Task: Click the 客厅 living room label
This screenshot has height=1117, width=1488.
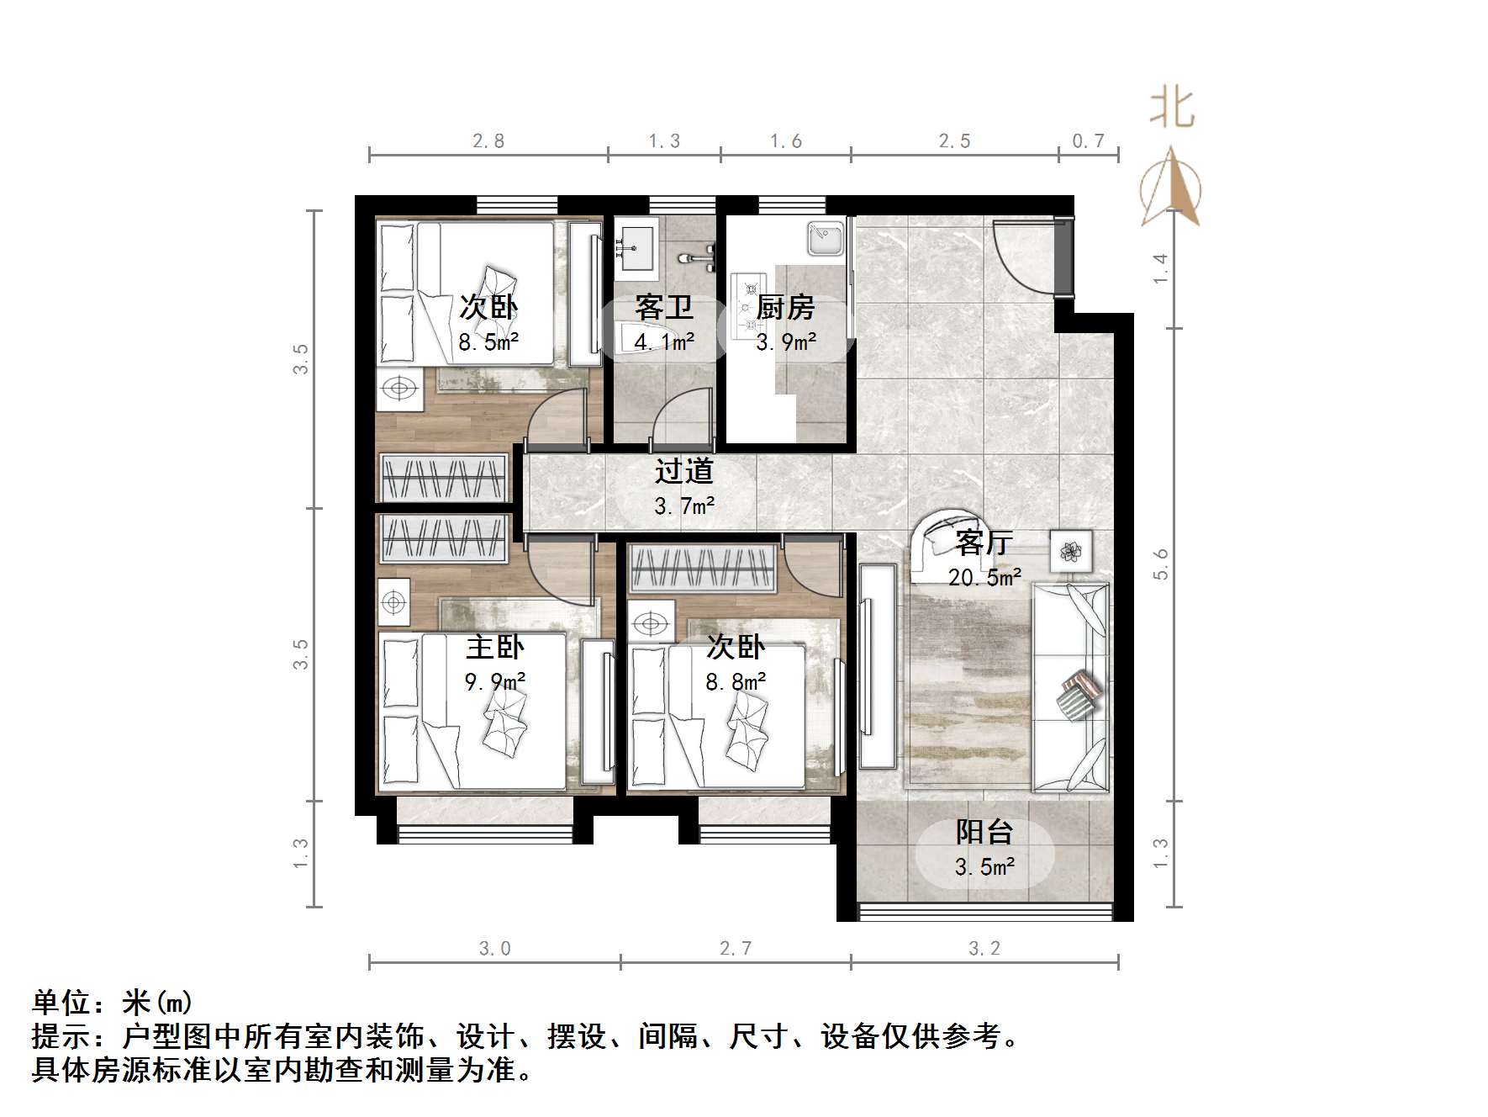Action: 984,543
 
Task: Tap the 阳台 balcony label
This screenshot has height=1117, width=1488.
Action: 984,832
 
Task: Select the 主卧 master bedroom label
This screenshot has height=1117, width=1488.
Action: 495,647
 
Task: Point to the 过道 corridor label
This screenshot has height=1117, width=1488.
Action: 684,471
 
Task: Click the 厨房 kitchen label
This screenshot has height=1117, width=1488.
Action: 785,308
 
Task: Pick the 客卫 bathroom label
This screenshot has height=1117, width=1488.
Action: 664,308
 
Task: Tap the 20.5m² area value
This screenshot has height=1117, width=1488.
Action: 984,577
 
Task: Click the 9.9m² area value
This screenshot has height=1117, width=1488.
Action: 495,680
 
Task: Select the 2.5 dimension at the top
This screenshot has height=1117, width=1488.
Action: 954,141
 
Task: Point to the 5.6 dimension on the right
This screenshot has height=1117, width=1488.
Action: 1161,564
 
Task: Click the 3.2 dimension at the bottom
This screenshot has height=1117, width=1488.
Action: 984,949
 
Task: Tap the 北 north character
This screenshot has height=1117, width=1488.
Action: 1172,109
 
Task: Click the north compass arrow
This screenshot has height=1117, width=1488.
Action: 1171,189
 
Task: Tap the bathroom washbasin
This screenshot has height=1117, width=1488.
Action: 637,247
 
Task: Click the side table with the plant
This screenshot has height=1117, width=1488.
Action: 1071,552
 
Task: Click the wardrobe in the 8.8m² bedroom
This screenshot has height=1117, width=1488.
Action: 701,569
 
